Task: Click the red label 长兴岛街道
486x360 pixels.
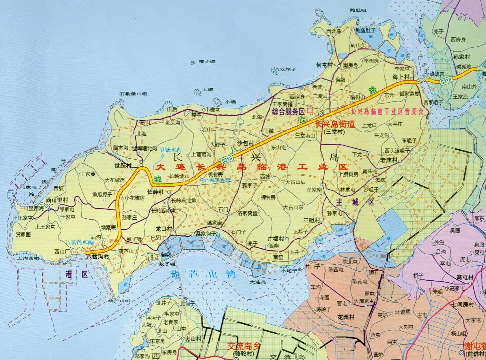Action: (335, 124)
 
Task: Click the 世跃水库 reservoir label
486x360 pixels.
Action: (171, 149)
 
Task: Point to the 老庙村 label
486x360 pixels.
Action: (389, 160)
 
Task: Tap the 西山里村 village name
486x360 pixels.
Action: (56, 200)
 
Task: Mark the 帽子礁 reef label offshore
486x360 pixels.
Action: (207, 61)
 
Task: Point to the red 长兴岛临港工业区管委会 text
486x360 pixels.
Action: (387, 112)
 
